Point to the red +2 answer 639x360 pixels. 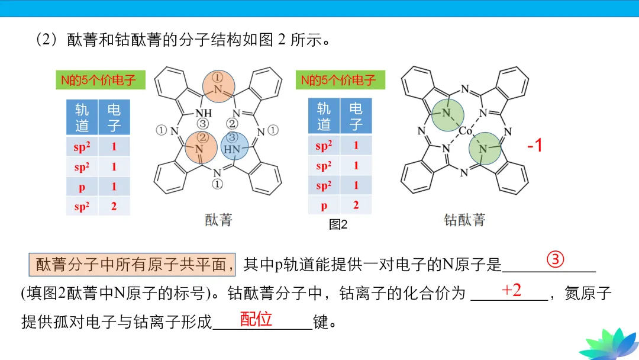point(511,290)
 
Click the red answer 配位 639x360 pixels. point(256,319)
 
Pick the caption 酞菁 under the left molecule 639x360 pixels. point(218,220)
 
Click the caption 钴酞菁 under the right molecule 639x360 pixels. point(464,220)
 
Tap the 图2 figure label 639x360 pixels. point(338,224)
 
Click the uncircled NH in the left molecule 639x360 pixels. point(203,112)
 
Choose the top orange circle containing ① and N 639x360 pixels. point(218,85)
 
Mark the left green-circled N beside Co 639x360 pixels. point(446,113)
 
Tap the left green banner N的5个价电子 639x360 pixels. point(99,80)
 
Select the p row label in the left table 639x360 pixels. point(82,187)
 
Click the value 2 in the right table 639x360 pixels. point(356,205)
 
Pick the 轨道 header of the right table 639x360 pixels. point(324,116)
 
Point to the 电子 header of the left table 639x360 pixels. point(114,117)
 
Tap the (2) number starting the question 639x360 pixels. point(46,40)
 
